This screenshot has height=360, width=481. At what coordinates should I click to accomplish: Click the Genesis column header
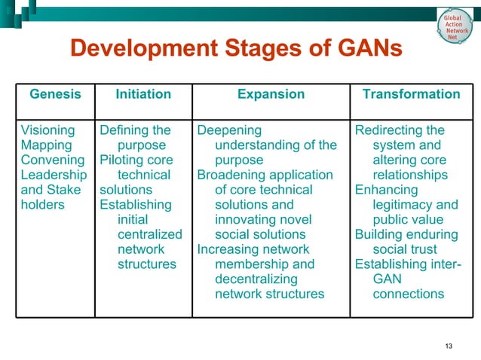54,94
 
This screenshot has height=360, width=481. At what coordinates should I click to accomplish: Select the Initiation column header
143,94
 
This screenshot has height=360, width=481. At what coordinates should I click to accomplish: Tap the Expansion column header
271,94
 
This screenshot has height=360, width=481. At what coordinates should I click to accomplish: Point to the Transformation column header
411,94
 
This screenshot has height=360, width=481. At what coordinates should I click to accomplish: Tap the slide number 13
449,346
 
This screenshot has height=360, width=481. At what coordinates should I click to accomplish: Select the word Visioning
47,130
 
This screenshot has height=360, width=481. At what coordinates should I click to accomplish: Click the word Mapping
46,145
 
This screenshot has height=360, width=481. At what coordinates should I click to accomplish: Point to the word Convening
52,160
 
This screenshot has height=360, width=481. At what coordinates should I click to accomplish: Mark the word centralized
150,234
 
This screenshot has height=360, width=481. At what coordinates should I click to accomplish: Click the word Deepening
229,130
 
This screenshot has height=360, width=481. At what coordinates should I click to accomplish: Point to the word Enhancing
386,190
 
